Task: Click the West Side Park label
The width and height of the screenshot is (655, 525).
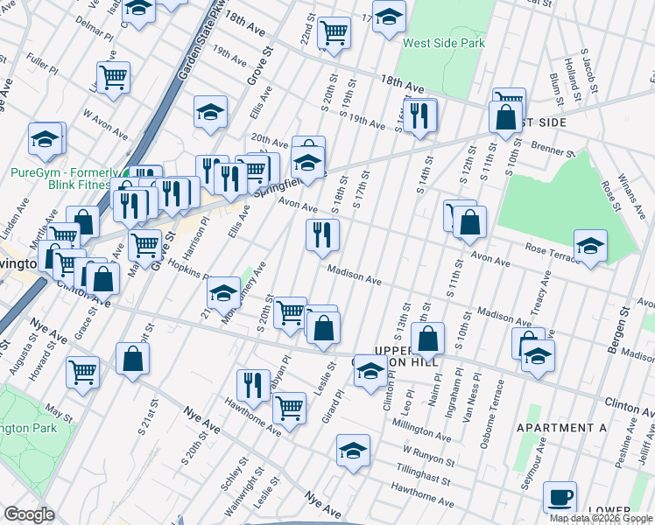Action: point(443,42)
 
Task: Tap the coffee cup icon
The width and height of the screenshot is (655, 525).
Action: point(560,497)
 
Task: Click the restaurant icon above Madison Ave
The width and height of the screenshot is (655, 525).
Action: point(322,234)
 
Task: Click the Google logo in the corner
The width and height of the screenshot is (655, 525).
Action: point(29,514)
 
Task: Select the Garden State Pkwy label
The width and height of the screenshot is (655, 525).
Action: point(194,48)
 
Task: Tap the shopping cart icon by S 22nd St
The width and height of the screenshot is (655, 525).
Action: point(334,32)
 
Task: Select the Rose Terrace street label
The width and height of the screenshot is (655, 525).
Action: point(550,254)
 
